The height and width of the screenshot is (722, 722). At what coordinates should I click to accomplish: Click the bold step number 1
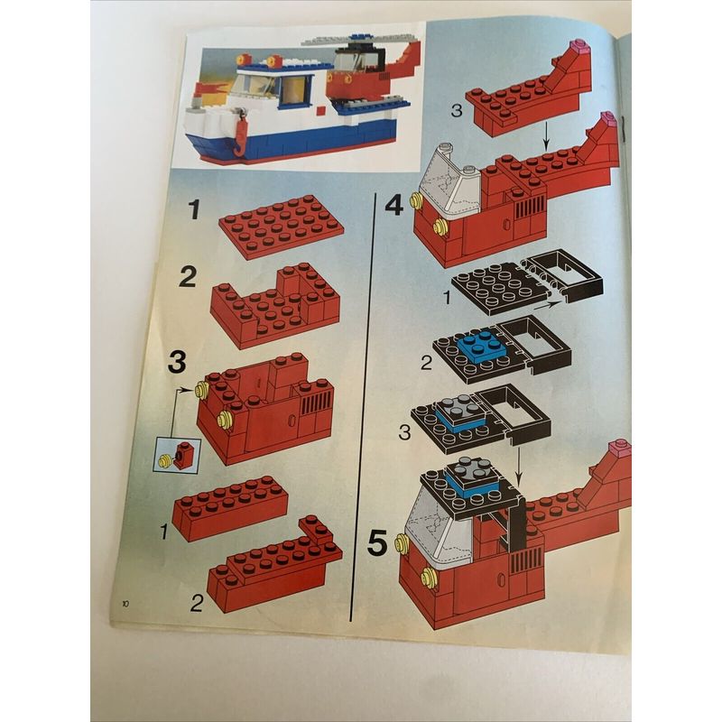(x=195, y=209)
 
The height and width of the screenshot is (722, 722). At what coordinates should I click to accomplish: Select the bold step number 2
(x=188, y=277)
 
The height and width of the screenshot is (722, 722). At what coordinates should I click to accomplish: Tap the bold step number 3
(x=177, y=362)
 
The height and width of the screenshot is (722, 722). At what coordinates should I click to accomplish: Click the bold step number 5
(x=377, y=543)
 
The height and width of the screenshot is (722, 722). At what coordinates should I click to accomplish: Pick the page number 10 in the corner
(x=125, y=604)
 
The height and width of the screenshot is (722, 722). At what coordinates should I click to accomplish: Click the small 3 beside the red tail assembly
(x=457, y=111)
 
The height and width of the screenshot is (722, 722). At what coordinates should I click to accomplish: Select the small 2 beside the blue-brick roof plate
(x=427, y=364)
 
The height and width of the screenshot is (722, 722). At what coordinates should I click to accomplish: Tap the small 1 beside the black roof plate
(x=447, y=298)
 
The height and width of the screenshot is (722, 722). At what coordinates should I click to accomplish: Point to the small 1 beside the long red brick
(x=164, y=532)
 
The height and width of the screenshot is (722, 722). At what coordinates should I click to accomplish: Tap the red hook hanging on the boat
(x=240, y=134)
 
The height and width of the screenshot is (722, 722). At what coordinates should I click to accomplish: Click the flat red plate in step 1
(x=282, y=227)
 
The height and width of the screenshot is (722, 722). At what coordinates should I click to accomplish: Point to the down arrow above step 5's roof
(x=518, y=465)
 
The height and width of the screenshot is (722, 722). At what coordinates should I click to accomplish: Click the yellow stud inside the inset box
(x=164, y=460)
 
